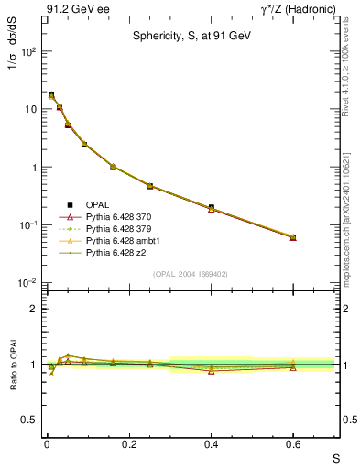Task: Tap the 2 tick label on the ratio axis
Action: coord(30,309)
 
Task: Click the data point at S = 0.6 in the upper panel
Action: coord(293,237)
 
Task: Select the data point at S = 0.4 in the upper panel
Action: coord(211,208)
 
